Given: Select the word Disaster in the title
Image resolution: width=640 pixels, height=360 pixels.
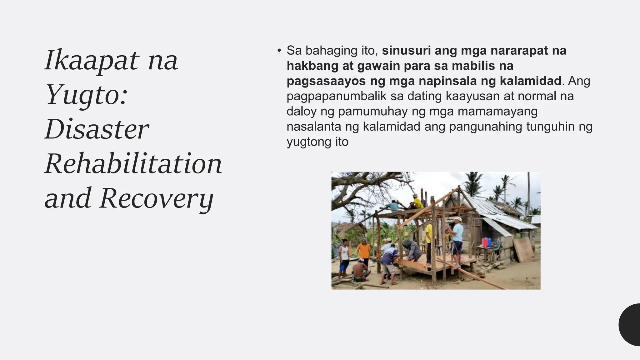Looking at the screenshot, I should [97, 129].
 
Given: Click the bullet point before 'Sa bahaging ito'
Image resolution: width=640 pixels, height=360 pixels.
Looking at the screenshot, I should [279, 51].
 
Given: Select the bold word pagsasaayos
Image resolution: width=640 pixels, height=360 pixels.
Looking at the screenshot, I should [326, 81].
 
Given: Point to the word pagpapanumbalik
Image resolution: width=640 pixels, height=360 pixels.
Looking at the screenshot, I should [336, 96].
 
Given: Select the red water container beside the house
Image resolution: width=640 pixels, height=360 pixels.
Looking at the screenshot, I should [485, 242].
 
